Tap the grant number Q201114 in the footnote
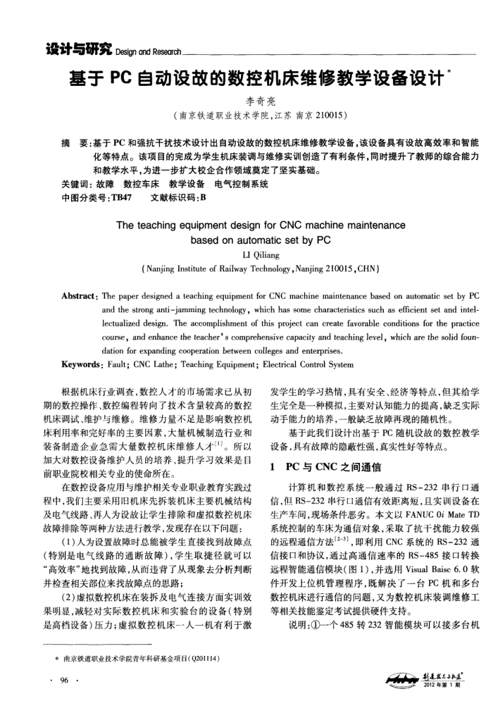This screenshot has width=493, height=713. coord(206,657)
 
